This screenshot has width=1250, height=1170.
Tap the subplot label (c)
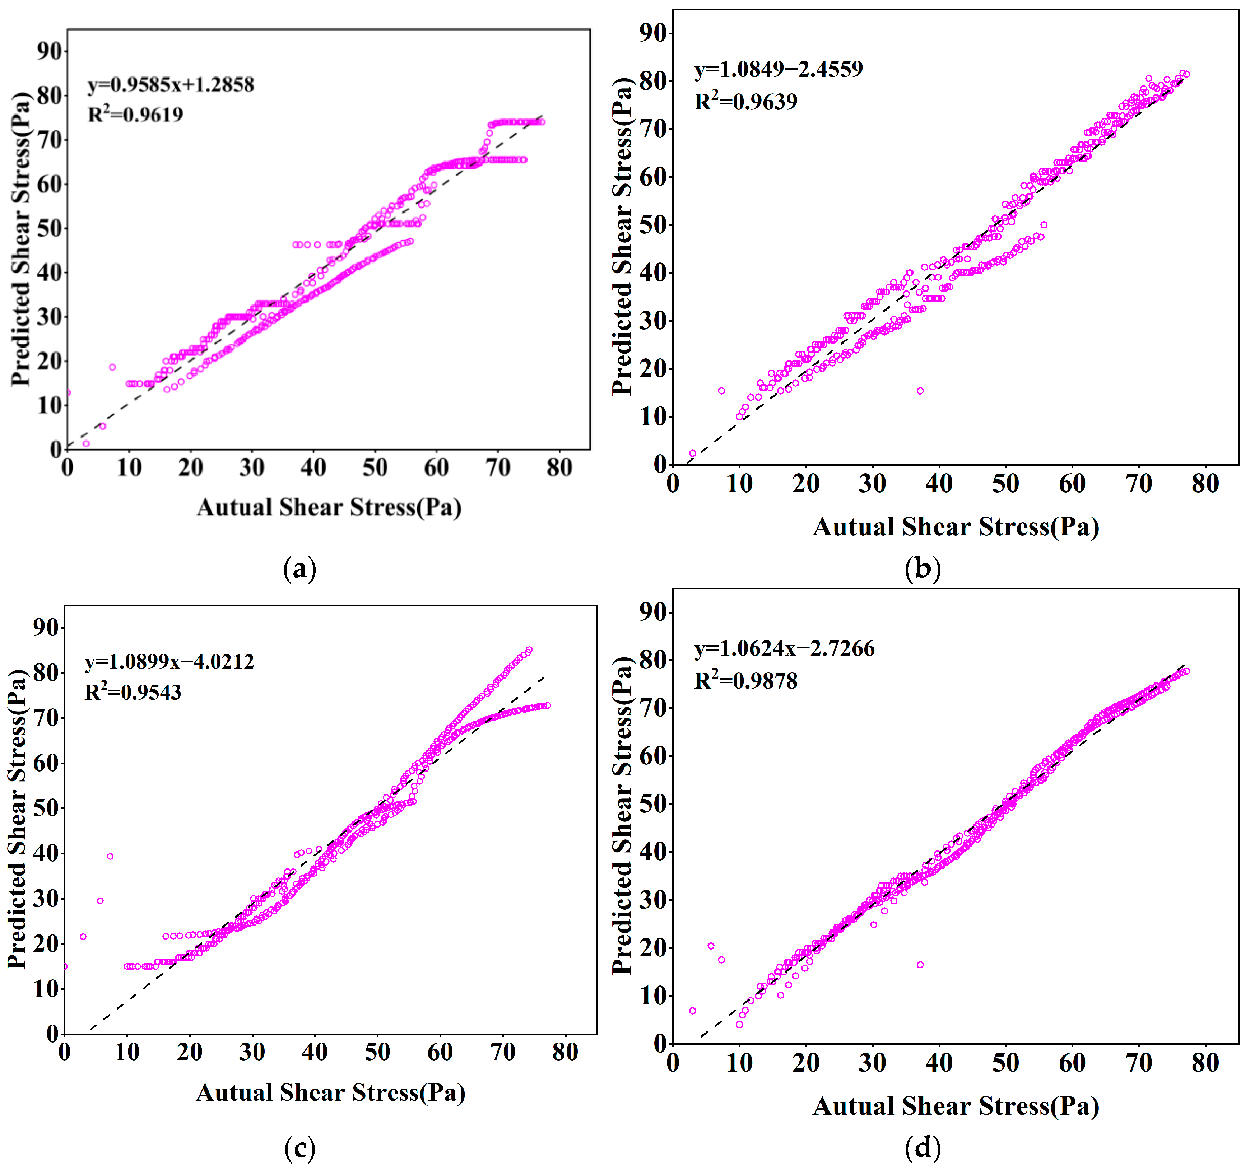pyautogui.click(x=300, y=1148)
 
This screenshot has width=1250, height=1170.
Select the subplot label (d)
pyautogui.click(x=923, y=1148)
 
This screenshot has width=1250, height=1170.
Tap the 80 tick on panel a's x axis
pyautogui.click(x=559, y=467)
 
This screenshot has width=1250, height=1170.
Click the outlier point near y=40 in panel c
pyautogui.click(x=110, y=856)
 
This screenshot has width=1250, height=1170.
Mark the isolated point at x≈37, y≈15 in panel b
pyautogui.click(x=920, y=391)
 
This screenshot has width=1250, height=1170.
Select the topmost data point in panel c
pyautogui.click(x=529, y=650)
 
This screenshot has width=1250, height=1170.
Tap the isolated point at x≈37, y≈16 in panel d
pyautogui.click(x=920, y=964)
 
